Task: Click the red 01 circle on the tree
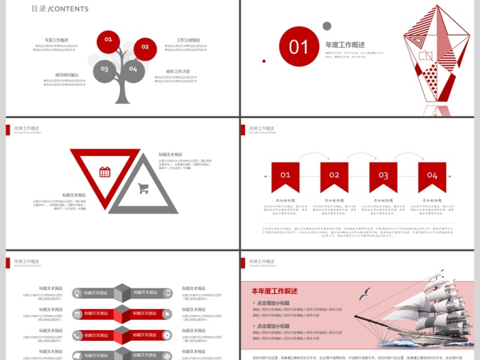(109, 40)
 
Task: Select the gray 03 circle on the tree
(104, 70)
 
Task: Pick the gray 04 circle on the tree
(133, 70)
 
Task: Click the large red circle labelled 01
(298, 47)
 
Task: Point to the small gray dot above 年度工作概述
(327, 26)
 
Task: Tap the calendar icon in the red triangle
(105, 172)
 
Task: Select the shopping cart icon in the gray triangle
(143, 188)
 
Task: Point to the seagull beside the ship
(364, 294)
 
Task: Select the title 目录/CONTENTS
(60, 9)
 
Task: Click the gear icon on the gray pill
(167, 335)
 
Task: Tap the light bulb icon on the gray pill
(77, 293)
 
